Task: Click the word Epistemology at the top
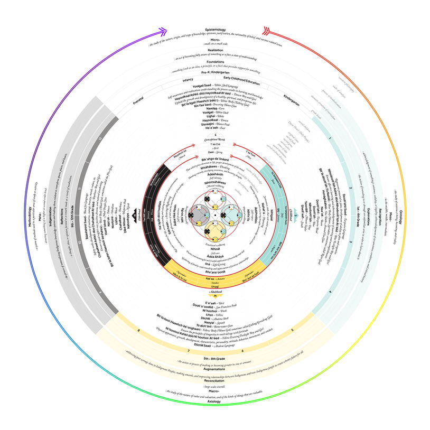(216, 30)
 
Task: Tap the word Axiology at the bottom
(214, 402)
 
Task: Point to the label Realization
(216, 50)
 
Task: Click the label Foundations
(216, 61)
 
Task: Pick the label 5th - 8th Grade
(214, 360)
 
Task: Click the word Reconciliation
(214, 380)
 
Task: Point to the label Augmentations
(214, 370)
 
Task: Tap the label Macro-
(214, 391)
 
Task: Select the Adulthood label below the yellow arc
(214, 292)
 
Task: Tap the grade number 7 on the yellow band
(189, 351)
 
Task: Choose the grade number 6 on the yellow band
(242, 350)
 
